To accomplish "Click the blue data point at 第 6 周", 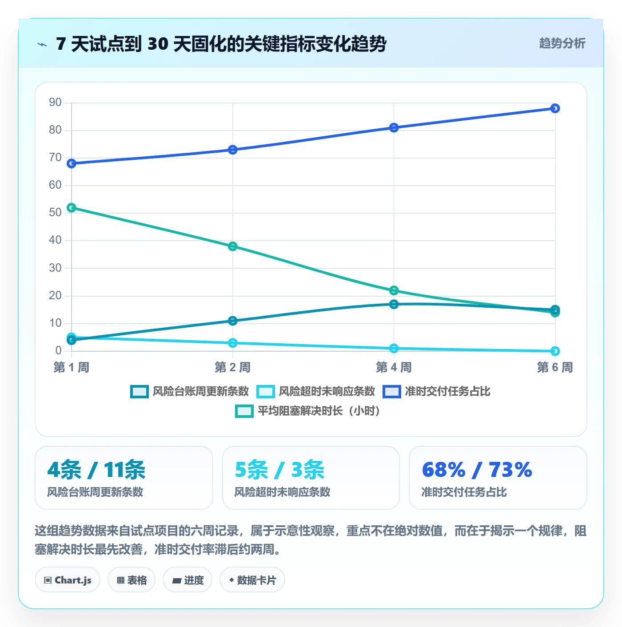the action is click(555, 108).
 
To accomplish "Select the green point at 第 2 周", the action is click(232, 246).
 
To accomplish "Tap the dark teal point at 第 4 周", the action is click(394, 304).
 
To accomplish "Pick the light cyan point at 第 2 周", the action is click(232, 343).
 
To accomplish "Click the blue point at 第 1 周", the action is click(72, 163).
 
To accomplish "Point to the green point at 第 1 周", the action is click(72, 207).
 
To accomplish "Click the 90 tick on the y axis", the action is click(55, 103).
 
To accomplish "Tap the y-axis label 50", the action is click(55, 212).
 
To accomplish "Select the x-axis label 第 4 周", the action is click(394, 367).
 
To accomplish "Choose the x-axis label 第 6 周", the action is click(555, 367).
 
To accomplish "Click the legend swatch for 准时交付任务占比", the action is click(391, 391).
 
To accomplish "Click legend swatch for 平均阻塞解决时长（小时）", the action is click(244, 411).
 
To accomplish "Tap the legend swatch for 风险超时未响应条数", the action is click(265, 391).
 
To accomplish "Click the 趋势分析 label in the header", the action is click(562, 43).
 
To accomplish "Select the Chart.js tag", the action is click(68, 580).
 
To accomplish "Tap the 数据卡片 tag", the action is click(252, 580).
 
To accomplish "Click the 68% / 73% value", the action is click(477, 469).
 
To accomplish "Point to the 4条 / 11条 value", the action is click(96, 470).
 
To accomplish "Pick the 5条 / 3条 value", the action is click(279, 470).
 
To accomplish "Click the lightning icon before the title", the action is click(42, 44).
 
